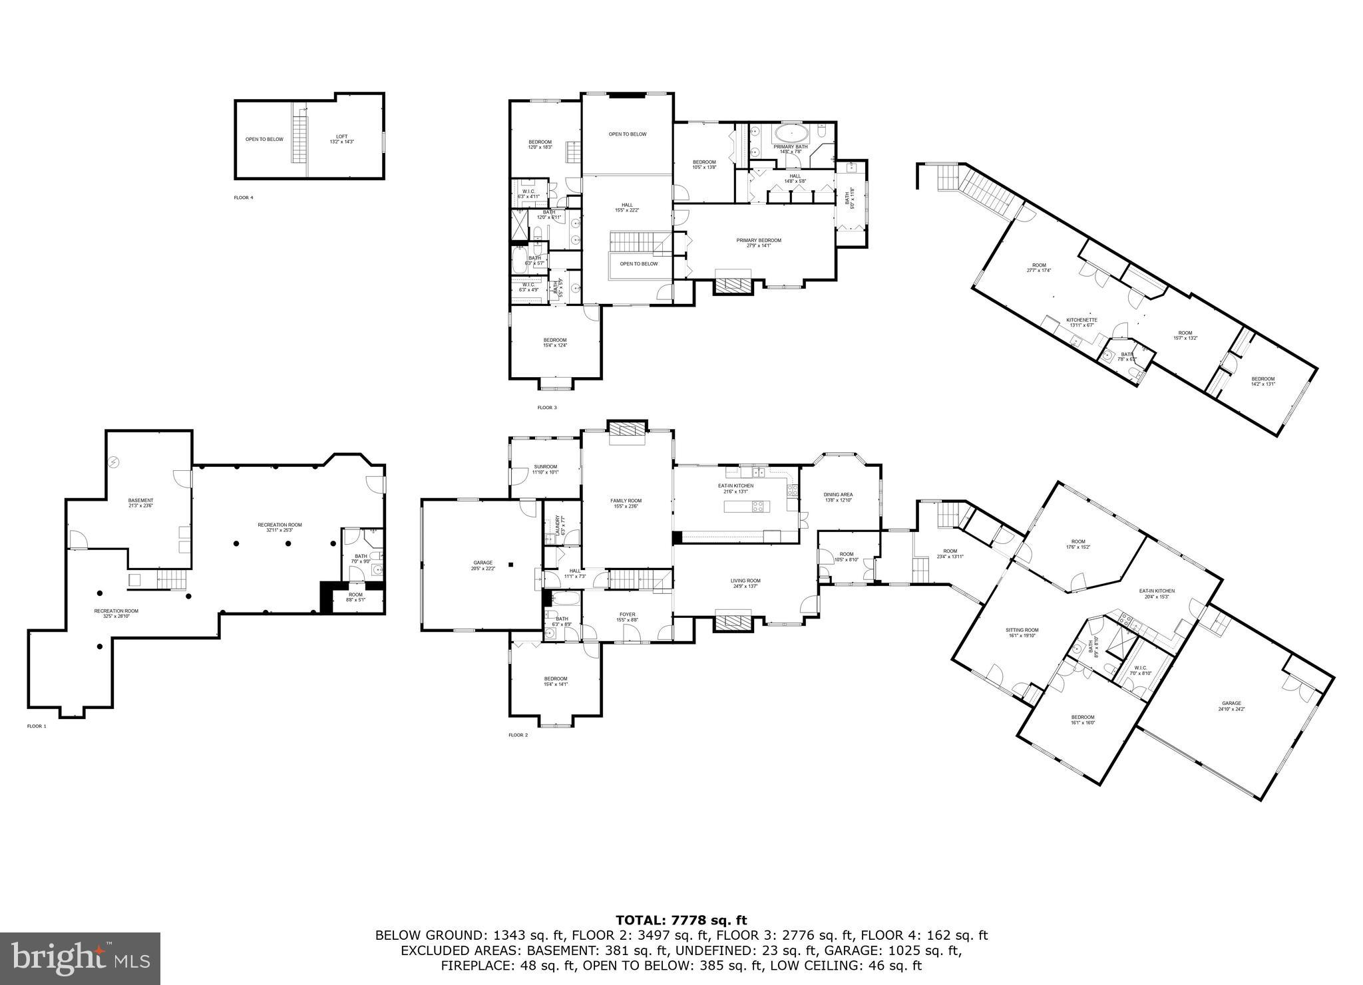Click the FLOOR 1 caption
coord(37,726)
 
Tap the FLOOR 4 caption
coord(243,198)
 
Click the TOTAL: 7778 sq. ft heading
coord(681,920)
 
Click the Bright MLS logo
coord(80,958)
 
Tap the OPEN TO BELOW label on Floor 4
coord(264,139)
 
